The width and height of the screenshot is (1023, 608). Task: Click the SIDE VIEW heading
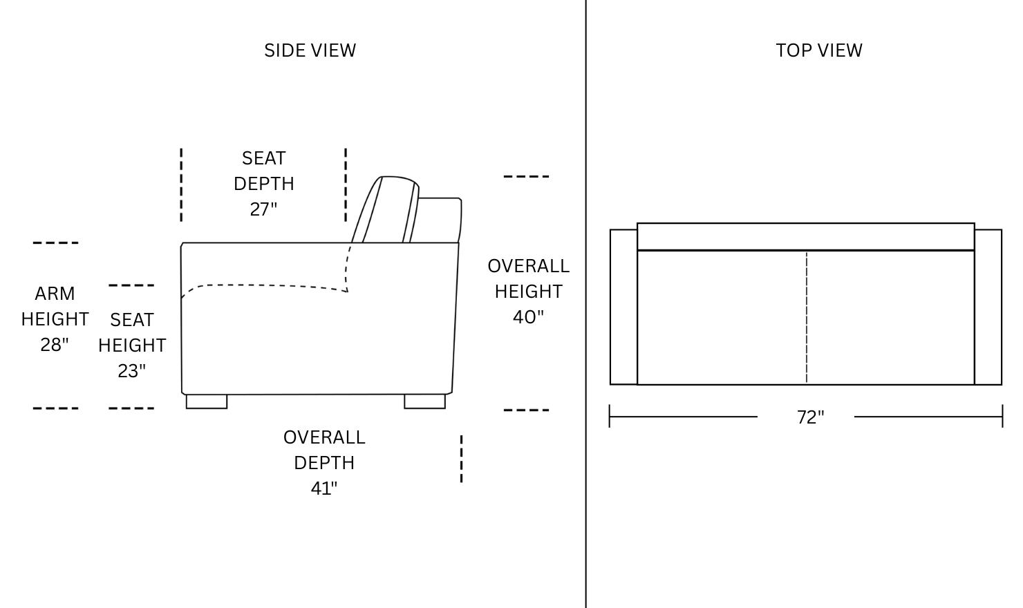pyautogui.click(x=310, y=50)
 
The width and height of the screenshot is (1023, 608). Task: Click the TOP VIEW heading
pyautogui.click(x=819, y=50)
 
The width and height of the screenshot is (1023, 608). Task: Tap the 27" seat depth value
pyautogui.click(x=263, y=209)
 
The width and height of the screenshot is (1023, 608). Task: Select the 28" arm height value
pyautogui.click(x=55, y=345)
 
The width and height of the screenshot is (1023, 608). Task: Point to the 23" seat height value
pyautogui.click(x=131, y=370)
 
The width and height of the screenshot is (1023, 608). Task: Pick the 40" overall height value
pyautogui.click(x=528, y=316)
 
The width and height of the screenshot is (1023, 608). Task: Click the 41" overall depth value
pyautogui.click(x=323, y=488)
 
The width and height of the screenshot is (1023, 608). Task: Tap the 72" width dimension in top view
pyautogui.click(x=811, y=417)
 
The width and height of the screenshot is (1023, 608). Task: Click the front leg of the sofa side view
pyautogui.click(x=207, y=401)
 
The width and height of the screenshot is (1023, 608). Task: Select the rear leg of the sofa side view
pyautogui.click(x=424, y=401)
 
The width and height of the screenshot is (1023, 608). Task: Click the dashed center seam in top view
pyautogui.click(x=807, y=317)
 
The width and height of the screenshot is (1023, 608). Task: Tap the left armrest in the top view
pyautogui.click(x=624, y=307)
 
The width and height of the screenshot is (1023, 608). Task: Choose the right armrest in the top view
pyautogui.click(x=988, y=307)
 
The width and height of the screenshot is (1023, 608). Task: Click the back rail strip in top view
pyautogui.click(x=806, y=236)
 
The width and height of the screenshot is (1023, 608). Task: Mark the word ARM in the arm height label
pyautogui.click(x=55, y=294)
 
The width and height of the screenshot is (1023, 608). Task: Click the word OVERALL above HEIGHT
pyautogui.click(x=528, y=266)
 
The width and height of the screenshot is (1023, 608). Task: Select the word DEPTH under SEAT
pyautogui.click(x=263, y=184)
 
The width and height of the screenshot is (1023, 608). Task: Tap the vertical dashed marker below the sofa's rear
pyautogui.click(x=461, y=459)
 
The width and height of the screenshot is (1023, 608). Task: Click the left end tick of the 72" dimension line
pyautogui.click(x=610, y=417)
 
